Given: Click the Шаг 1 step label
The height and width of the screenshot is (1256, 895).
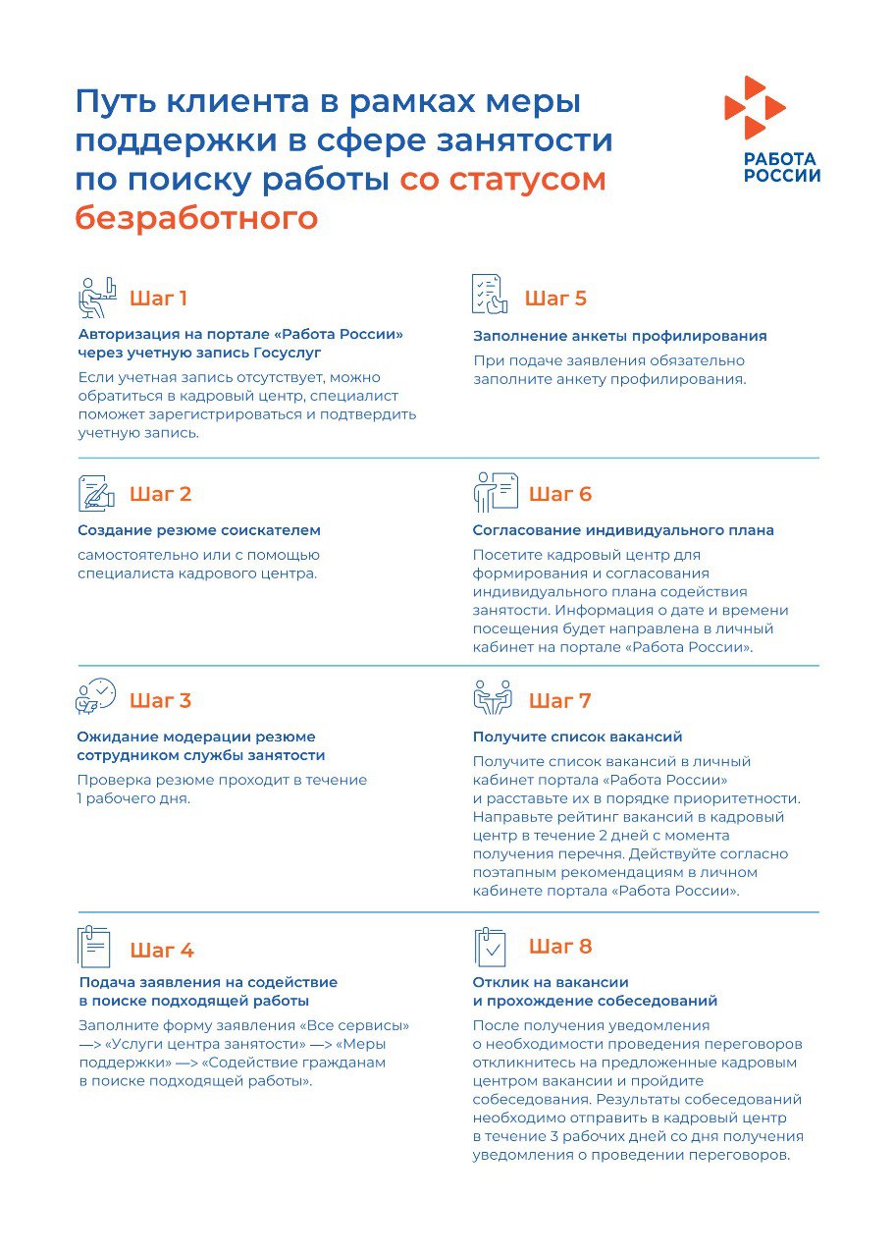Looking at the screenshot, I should click(x=158, y=299).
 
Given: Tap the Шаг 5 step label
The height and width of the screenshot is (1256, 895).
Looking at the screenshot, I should click(x=555, y=299).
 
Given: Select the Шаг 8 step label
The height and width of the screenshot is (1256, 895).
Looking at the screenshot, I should click(x=560, y=947).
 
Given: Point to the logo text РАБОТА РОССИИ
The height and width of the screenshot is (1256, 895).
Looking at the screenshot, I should click(x=781, y=168).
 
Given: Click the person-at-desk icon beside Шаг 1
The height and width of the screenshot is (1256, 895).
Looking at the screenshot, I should click(x=97, y=297).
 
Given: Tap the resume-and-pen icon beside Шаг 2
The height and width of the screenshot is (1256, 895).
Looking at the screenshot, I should click(x=97, y=493).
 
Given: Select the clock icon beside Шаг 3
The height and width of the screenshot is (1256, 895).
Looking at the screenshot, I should click(x=96, y=696).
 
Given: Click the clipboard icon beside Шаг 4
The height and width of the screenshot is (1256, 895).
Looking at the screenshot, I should click(x=95, y=947).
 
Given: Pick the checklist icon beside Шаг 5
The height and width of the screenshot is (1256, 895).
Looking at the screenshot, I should click(x=490, y=295).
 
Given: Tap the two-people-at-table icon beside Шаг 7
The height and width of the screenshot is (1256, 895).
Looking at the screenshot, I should click(x=493, y=697).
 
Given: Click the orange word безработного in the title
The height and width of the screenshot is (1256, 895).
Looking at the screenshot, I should click(x=196, y=218).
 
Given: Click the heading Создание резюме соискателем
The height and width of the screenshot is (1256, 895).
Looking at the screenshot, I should click(x=199, y=530).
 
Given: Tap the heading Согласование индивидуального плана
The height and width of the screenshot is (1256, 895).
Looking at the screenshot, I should click(x=623, y=530).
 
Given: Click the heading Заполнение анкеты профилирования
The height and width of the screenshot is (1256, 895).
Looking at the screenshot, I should click(x=619, y=336).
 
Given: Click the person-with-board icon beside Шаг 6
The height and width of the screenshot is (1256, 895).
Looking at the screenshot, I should click(x=495, y=493).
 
